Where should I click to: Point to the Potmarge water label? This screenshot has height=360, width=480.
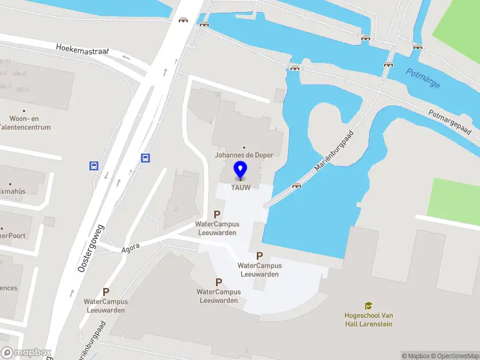pos(423,78)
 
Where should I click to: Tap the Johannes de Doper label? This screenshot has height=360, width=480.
pos(244,155)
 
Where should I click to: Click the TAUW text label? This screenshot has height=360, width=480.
pos(240,187)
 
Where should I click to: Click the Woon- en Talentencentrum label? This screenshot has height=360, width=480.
pos(25,123)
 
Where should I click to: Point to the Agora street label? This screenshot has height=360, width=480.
pos(130,246)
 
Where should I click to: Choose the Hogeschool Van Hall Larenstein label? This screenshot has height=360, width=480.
pos(368,320)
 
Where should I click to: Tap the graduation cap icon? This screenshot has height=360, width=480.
pos(368,306)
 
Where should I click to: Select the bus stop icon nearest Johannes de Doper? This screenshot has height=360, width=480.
pos(145,158)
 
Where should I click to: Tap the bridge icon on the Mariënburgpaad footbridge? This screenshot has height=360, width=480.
pos(296,185)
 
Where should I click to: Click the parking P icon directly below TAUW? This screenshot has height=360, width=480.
pos(217,214)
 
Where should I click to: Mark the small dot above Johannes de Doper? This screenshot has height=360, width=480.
pos(244,147)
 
